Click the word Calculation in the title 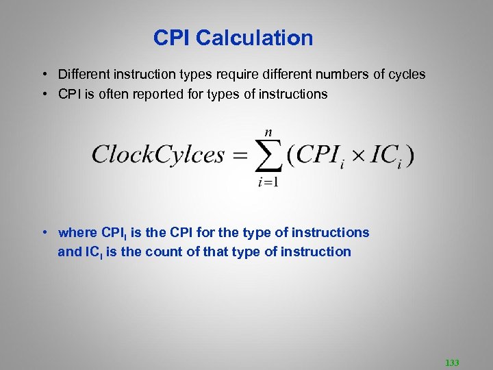[255, 38]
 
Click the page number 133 [452, 362]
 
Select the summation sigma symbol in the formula [268, 156]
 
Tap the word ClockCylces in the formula [158, 154]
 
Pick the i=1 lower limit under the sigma [268, 182]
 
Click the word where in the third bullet [78, 233]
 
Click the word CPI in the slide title [172, 38]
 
